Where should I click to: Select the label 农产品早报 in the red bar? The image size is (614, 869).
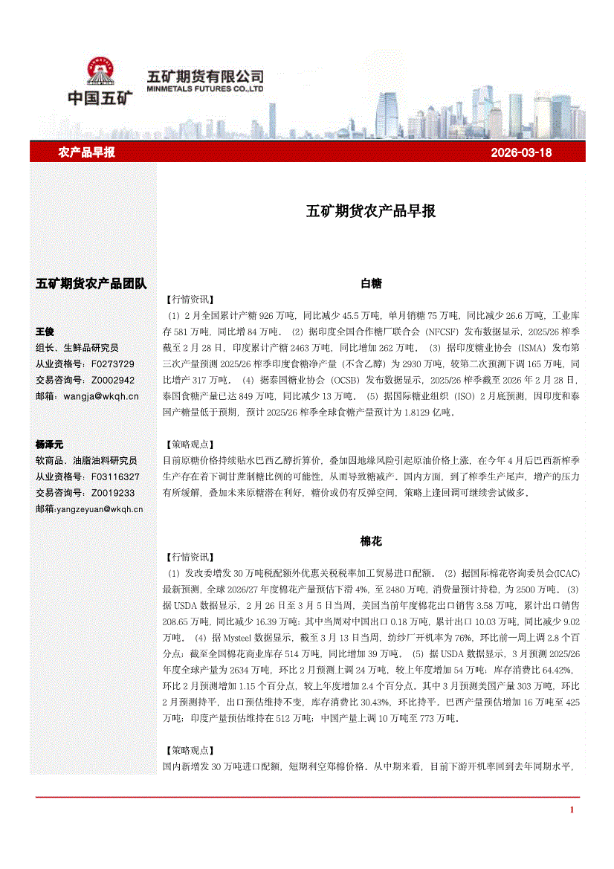point(86,152)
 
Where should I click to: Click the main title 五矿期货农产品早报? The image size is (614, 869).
point(371,211)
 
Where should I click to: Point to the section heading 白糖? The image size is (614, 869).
point(371,283)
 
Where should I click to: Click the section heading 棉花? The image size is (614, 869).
point(371,542)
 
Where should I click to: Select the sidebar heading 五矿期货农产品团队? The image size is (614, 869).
point(91,283)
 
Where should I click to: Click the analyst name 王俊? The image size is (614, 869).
point(45,332)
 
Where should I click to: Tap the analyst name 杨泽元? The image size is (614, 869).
point(50,444)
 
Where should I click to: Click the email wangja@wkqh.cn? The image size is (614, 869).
point(101,396)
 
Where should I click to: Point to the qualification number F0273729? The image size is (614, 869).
point(113,364)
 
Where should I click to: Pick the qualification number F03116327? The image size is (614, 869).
point(115,476)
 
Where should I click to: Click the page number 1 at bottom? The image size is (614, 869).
point(572,810)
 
